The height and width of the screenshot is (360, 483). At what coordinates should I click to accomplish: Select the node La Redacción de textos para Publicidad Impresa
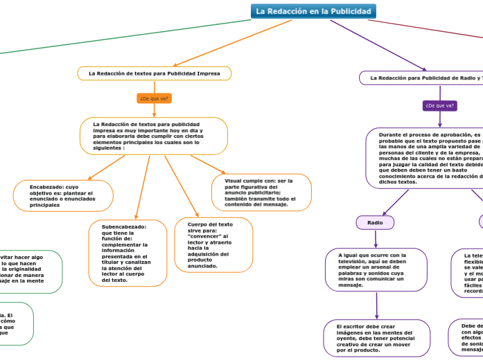tap(153, 73)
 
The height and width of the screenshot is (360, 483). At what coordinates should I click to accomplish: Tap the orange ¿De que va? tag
tap(154, 99)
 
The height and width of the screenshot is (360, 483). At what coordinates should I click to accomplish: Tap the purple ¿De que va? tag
tap(440, 106)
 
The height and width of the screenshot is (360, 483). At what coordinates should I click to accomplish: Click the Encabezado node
tap(63, 196)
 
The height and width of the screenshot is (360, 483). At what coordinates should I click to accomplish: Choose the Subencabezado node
tap(128, 253)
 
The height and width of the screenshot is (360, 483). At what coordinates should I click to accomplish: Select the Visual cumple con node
tap(261, 192)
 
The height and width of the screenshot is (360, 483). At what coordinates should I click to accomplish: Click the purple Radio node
tap(375, 223)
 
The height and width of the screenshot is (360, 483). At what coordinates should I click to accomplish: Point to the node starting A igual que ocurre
tap(376, 270)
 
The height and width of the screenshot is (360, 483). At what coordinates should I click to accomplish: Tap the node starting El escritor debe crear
tap(376, 338)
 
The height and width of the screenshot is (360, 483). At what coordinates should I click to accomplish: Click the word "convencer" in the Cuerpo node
tap(204, 236)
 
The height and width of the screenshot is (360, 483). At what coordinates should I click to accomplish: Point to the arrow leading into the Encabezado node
tap(105, 168)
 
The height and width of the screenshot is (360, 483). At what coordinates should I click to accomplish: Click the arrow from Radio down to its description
tap(376, 239)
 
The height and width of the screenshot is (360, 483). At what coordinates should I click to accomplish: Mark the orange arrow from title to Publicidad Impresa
tap(232, 43)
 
